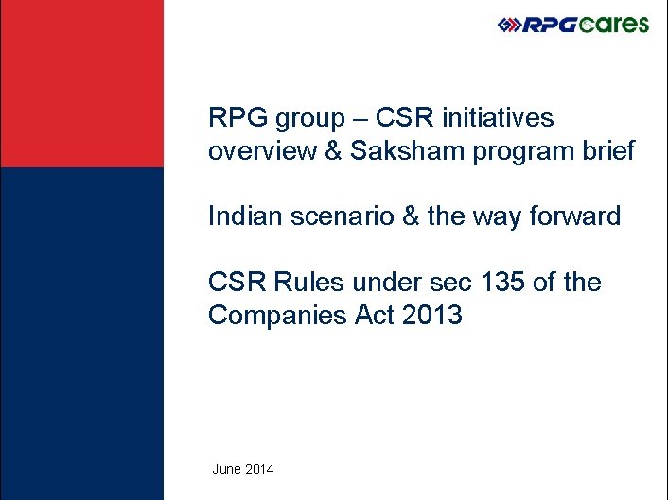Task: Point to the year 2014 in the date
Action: pyautogui.click(x=259, y=469)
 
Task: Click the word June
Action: pyautogui.click(x=226, y=469)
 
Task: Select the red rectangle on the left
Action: pyautogui.click(x=81, y=84)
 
